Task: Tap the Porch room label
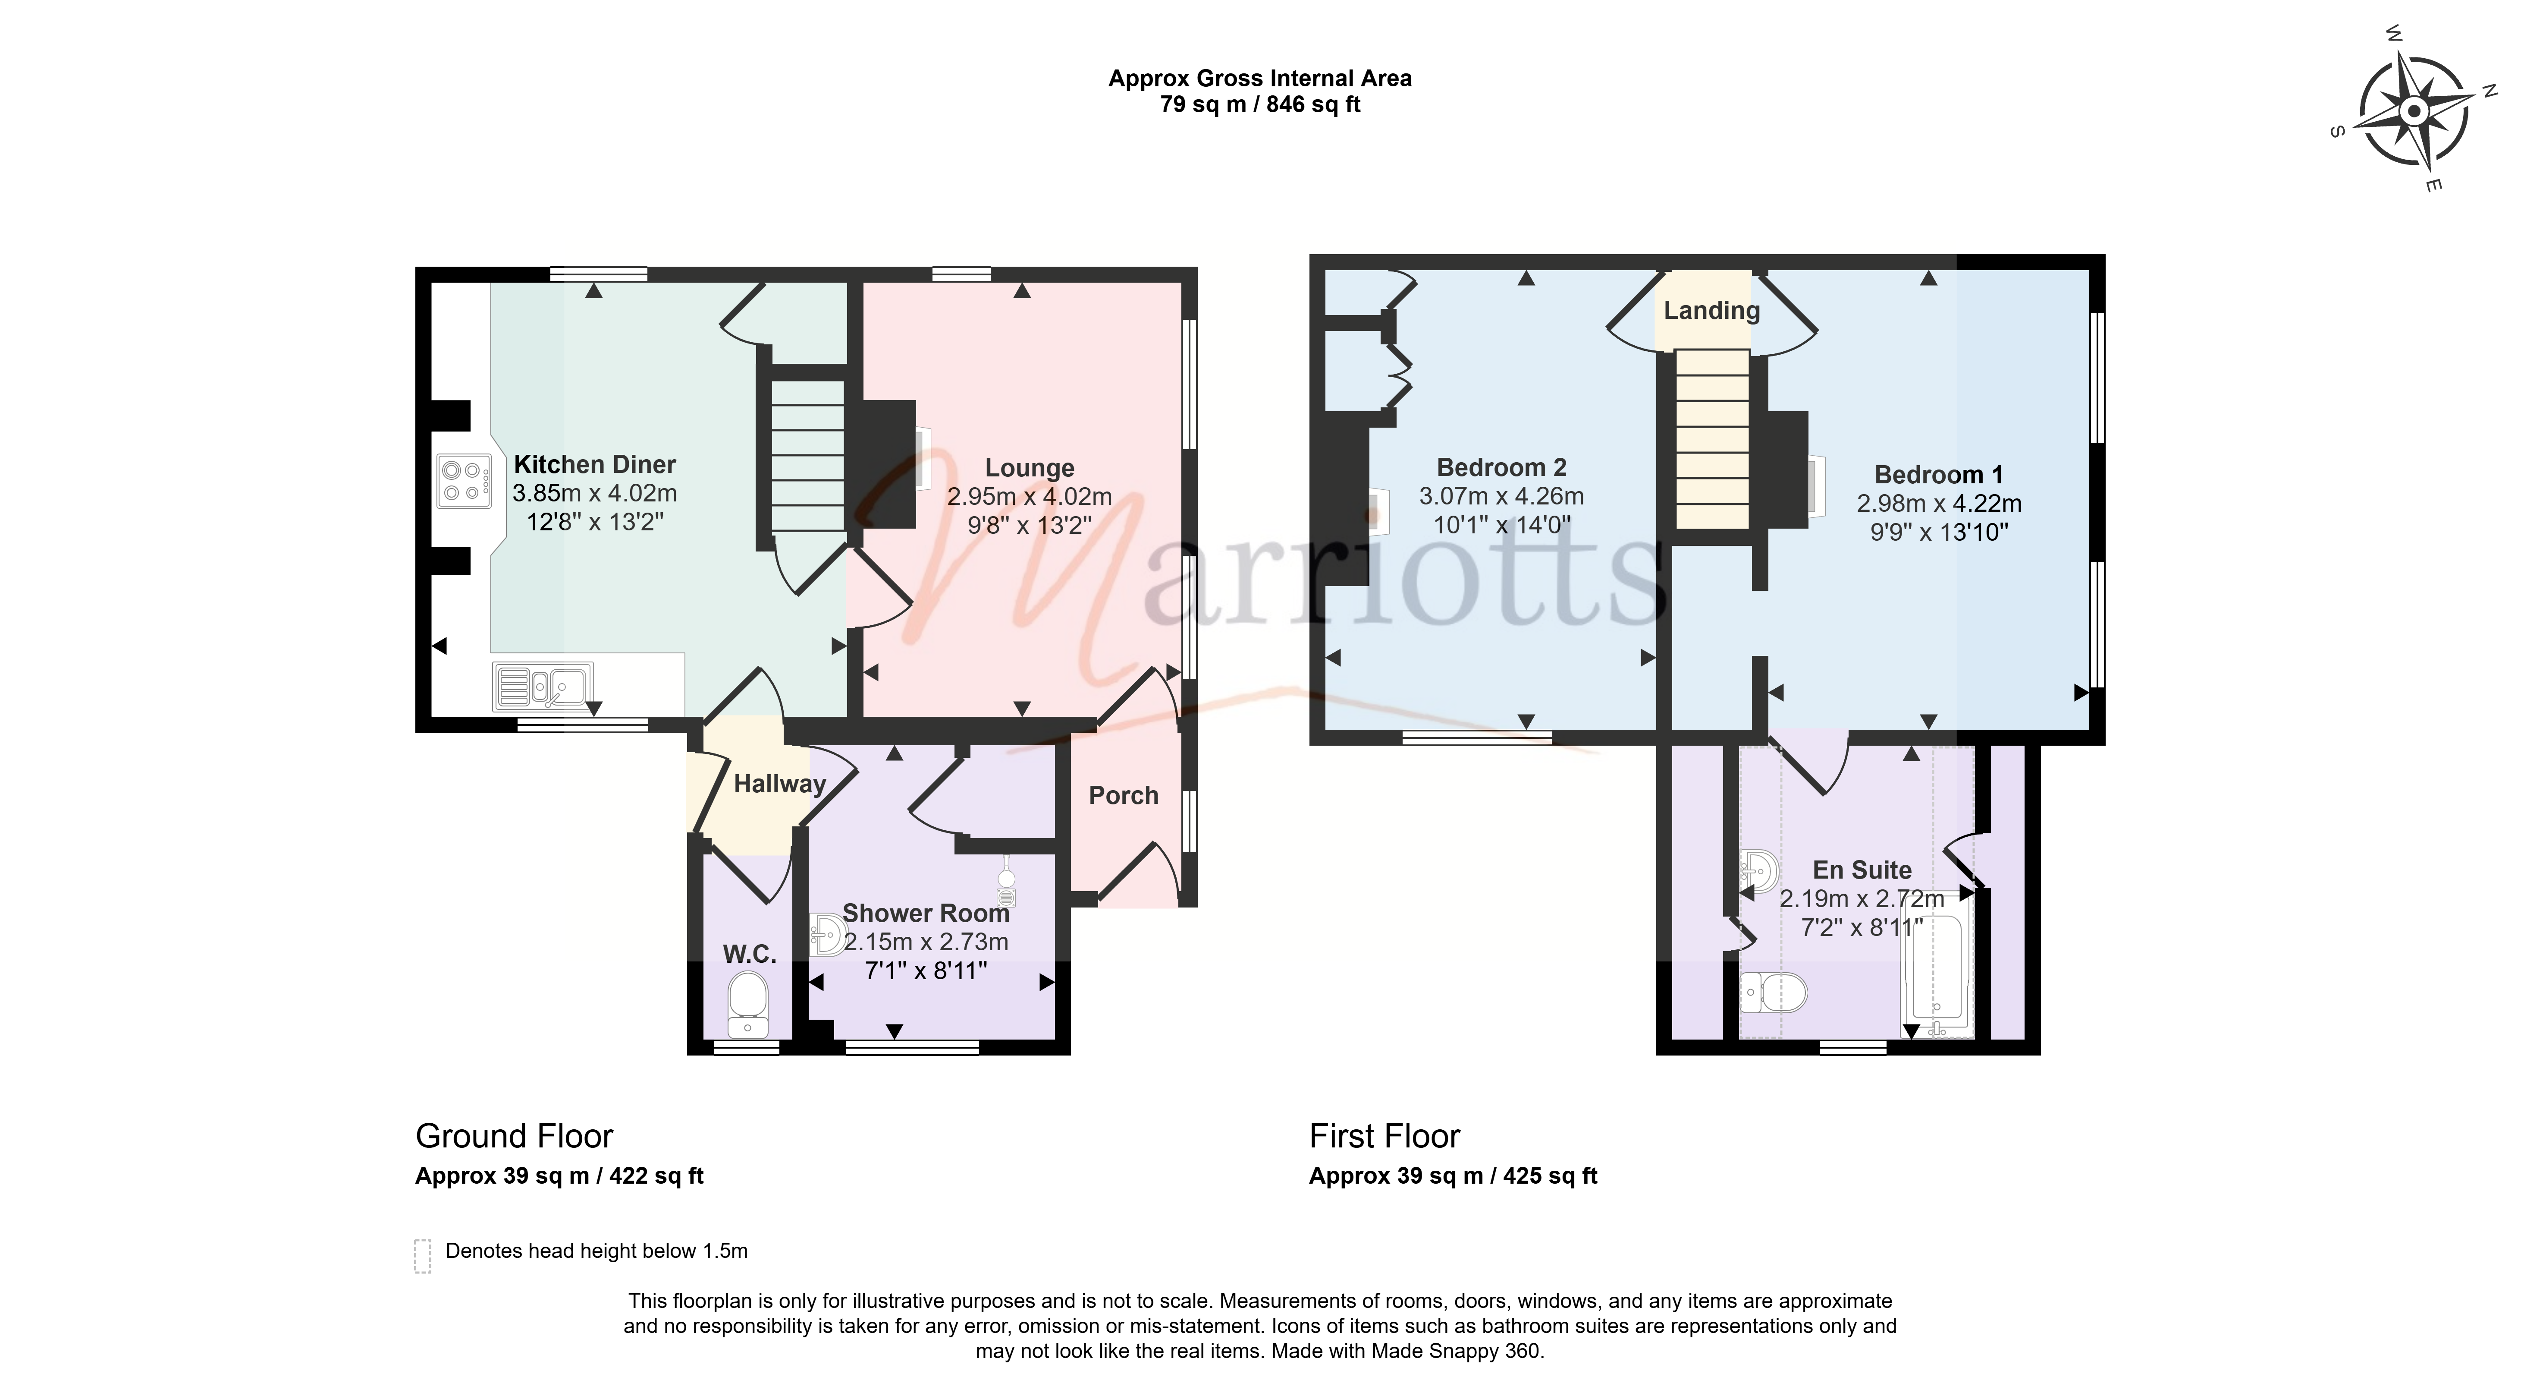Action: (1124, 796)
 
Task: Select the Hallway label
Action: (780, 784)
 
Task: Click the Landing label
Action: (1712, 310)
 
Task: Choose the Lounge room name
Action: (1030, 469)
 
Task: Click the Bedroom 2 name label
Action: (1501, 468)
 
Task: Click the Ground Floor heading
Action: (514, 1137)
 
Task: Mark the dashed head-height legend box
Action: (423, 1256)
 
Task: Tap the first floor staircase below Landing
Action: (1712, 440)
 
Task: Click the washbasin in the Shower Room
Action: (828, 934)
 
